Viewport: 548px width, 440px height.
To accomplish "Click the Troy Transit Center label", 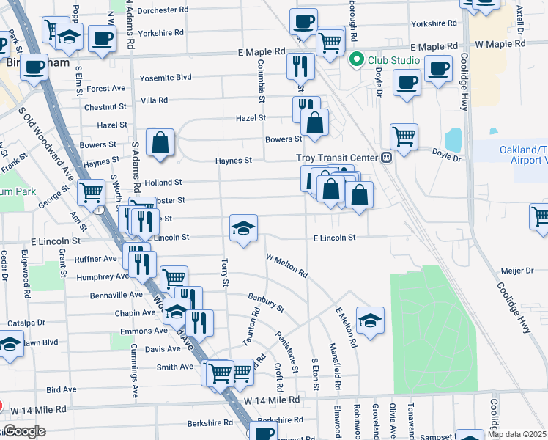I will [x=336, y=158].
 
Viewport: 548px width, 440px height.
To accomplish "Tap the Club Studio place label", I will [x=393, y=60].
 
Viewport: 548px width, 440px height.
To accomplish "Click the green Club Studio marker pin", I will [x=358, y=60].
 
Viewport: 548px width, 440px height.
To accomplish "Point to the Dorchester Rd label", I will [x=168, y=10].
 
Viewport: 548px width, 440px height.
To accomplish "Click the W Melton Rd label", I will [x=286, y=265].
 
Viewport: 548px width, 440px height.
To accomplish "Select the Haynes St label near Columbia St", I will [x=233, y=161].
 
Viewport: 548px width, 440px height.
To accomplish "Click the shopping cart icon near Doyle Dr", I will [x=404, y=136].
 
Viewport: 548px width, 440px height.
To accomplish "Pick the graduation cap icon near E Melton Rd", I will [x=371, y=320].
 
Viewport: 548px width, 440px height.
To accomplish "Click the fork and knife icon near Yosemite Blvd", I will [x=300, y=66].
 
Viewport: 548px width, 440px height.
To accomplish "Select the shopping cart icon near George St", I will [x=92, y=193].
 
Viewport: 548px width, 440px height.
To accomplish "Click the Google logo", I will [x=25, y=431].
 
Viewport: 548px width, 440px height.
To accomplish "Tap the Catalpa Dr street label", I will [x=26, y=323].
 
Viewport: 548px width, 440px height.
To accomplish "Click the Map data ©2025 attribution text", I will [x=516, y=434].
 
